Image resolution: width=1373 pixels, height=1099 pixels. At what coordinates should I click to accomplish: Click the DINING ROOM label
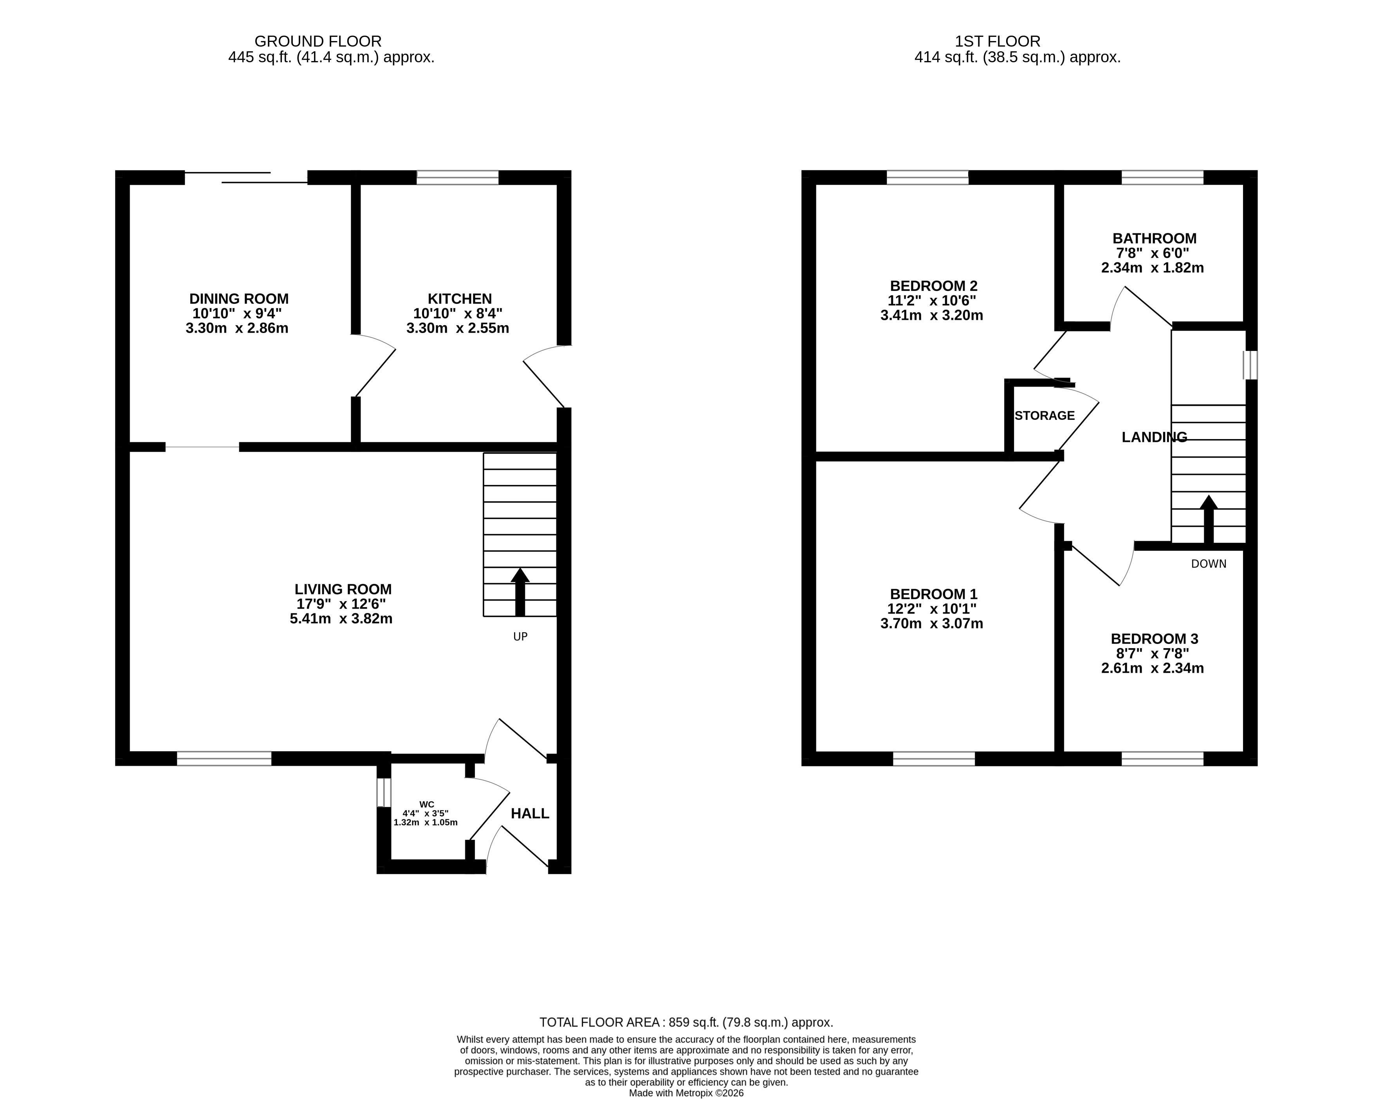point(239,299)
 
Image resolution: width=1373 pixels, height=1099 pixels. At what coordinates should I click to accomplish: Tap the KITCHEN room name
point(460,299)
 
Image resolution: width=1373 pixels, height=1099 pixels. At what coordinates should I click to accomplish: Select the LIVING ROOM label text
point(343,589)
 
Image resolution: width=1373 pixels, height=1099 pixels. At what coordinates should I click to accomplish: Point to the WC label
point(427,804)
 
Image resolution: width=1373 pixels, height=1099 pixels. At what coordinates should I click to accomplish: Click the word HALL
point(530,813)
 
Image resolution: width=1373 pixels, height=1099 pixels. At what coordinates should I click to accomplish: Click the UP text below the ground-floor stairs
point(520,636)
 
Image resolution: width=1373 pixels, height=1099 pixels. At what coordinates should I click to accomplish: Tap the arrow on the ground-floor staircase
point(520,592)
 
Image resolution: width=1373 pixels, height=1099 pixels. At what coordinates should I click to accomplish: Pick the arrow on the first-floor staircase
point(1209,519)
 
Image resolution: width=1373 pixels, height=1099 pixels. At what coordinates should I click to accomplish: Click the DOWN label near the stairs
point(1209,564)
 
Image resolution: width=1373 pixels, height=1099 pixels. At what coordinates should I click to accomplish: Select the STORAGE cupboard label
point(1045,416)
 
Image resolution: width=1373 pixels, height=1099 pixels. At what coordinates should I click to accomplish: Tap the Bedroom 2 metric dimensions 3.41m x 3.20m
point(932,315)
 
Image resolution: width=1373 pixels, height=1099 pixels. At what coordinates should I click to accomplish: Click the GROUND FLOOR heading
point(318,42)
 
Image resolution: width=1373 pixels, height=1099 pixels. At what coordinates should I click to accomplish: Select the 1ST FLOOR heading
point(997,42)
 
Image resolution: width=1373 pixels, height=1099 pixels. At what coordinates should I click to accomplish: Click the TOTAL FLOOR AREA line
point(687,1023)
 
